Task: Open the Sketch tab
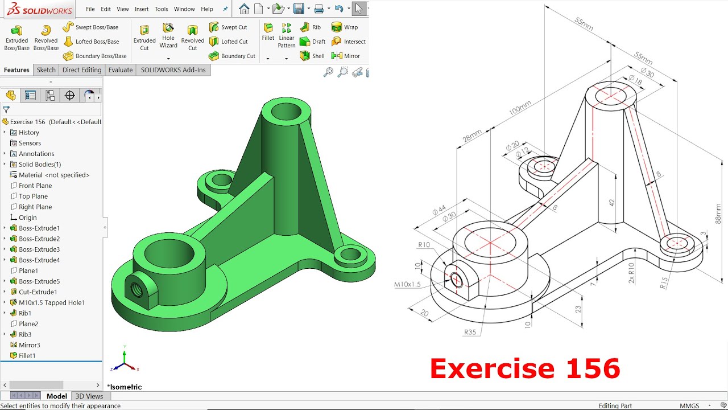tap(46, 70)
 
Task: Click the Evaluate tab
tap(121, 70)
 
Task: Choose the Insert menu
tap(142, 9)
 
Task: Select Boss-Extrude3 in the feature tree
tap(39, 249)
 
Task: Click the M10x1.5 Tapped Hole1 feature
tap(51, 302)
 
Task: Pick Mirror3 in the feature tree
tap(29, 345)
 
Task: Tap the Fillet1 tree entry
tap(27, 355)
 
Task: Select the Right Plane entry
tap(35, 207)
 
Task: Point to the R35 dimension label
tap(470, 332)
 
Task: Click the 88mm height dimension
tap(718, 213)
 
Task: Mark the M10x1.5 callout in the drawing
tap(407, 284)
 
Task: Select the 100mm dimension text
tap(520, 108)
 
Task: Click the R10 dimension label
tap(424, 245)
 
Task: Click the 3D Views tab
tap(89, 396)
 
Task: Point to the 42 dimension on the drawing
tap(611, 202)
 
